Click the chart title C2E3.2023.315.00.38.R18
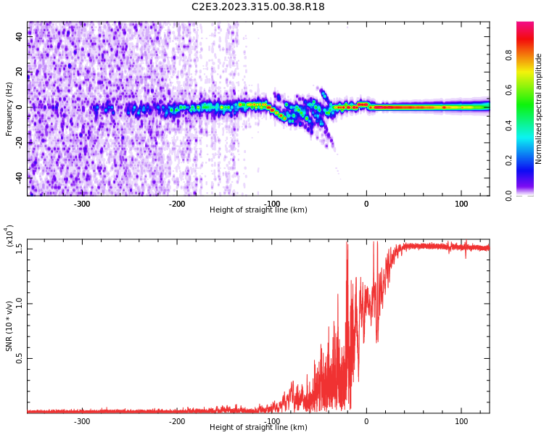coord(258,7)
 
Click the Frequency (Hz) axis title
coord(9,109)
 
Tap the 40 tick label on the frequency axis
coord(20,37)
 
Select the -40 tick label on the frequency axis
coord(20,178)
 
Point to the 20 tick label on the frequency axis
coord(20,72)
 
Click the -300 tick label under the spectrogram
coord(81,204)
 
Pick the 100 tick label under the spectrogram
coord(461,204)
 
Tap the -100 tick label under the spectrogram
coord(271,204)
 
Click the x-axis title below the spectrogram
coord(258,210)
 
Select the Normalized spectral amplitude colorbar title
coord(539,109)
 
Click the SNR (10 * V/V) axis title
coord(9,326)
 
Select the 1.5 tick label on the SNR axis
coord(20,248)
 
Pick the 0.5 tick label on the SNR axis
coord(20,358)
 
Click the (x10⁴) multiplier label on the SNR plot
coord(9,236)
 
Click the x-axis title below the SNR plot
coord(258,428)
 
